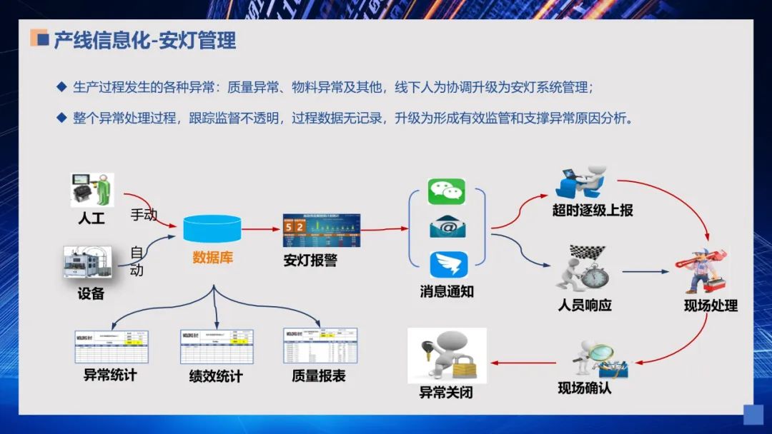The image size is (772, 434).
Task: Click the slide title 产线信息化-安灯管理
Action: pos(145,40)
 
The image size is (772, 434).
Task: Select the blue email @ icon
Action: pos(447,228)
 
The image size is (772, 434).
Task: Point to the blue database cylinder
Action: pos(212,228)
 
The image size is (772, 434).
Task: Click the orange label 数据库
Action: pos(212,258)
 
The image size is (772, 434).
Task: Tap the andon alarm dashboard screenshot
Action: pos(322,231)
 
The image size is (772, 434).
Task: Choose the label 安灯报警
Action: pos(310,261)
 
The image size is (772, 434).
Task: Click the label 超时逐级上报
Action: pos(593,211)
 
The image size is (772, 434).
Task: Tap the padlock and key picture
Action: pos(447,355)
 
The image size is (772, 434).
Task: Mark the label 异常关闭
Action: pos(446,393)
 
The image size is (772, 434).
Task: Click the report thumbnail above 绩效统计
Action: pos(217,347)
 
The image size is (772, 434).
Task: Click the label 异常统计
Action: pos(110,374)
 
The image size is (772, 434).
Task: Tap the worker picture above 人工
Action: pos(92,190)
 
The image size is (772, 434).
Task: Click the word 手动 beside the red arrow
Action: pos(143,214)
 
